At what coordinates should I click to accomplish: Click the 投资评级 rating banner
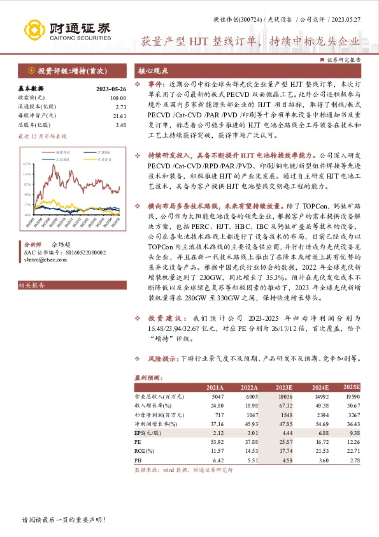click(x=68, y=70)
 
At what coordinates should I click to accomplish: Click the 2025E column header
click(x=350, y=387)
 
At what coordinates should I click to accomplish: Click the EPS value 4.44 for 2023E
click(x=284, y=432)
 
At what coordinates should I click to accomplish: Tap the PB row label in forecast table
click(x=138, y=459)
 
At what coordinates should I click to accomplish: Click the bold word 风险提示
click(x=164, y=358)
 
